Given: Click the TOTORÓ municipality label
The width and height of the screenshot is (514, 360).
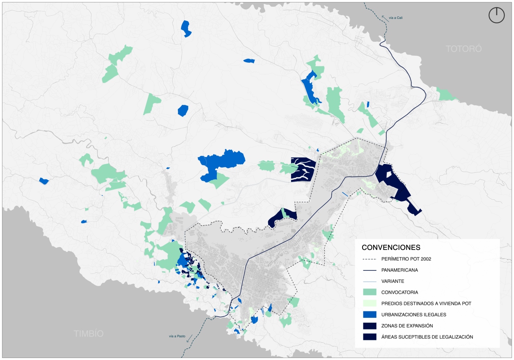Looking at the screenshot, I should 463,49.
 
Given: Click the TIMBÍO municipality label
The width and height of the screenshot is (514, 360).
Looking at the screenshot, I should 88,333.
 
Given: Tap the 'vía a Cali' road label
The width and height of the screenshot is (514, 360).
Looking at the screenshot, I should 396,18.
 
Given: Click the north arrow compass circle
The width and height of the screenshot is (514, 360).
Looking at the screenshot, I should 496,15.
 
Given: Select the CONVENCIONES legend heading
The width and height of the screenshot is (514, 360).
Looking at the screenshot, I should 391,247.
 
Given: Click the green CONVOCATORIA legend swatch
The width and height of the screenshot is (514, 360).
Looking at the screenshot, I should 369,292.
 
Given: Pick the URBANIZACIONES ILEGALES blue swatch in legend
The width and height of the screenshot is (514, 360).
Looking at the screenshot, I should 369,315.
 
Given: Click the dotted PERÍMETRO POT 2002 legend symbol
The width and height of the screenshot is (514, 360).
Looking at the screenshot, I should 369,259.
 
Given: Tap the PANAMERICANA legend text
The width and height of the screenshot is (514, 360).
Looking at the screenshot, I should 400,270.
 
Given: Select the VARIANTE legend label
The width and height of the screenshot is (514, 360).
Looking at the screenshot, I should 393,281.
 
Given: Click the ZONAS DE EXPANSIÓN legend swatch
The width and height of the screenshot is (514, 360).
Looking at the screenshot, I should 369,325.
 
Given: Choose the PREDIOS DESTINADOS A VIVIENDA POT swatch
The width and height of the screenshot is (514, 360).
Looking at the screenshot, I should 369,303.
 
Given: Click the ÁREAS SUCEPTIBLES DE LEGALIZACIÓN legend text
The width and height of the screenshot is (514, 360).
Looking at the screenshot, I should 427,337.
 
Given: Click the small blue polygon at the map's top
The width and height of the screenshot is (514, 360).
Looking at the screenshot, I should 186,28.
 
